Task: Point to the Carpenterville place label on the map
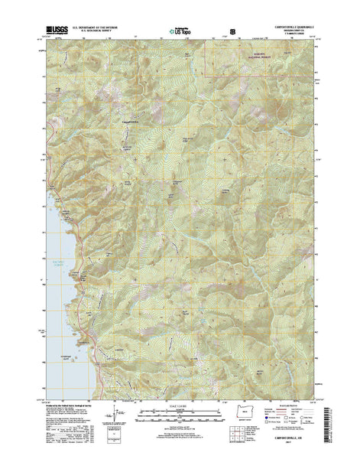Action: point(131,121)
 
